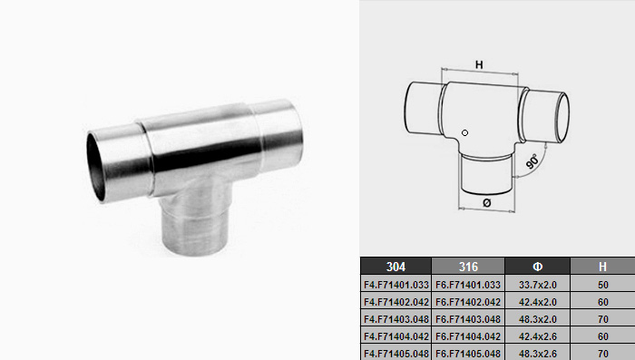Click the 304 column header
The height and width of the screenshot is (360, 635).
pyautogui.click(x=396, y=267)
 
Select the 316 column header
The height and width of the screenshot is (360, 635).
pyautogui.click(x=468, y=267)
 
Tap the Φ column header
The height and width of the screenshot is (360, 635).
pyautogui.click(x=537, y=267)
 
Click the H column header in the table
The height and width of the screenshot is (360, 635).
pyautogui.click(x=602, y=267)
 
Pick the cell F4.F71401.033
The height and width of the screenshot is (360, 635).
pyautogui.click(x=396, y=285)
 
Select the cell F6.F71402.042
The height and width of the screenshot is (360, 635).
pyautogui.click(x=468, y=302)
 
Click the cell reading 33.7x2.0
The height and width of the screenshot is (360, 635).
pyautogui.click(x=537, y=285)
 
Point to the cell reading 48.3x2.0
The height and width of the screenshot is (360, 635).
pyautogui.click(x=537, y=319)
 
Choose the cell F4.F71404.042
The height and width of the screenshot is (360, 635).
pyautogui.click(x=396, y=336)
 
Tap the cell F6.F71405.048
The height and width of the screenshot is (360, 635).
pyautogui.click(x=468, y=354)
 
